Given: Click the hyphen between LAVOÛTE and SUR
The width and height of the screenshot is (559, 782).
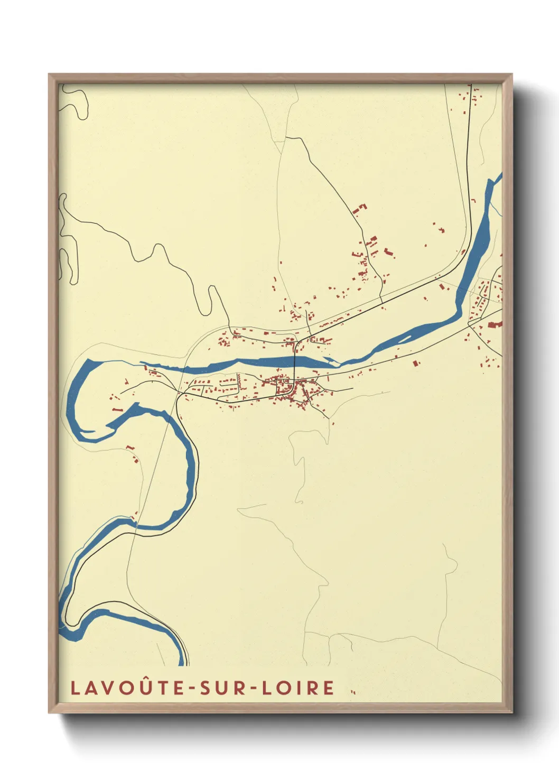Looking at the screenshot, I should pos(191,688).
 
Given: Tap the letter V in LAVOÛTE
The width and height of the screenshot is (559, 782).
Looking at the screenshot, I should pos(106,688).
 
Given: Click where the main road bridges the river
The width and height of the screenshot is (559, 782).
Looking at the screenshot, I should pos(294,362).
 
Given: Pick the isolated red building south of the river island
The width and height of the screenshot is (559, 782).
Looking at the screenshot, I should pos(415,363).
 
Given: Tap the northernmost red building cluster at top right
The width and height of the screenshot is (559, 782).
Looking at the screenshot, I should pos(472,95).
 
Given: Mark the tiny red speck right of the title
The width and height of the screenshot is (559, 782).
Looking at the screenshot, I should pos(353,692).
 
